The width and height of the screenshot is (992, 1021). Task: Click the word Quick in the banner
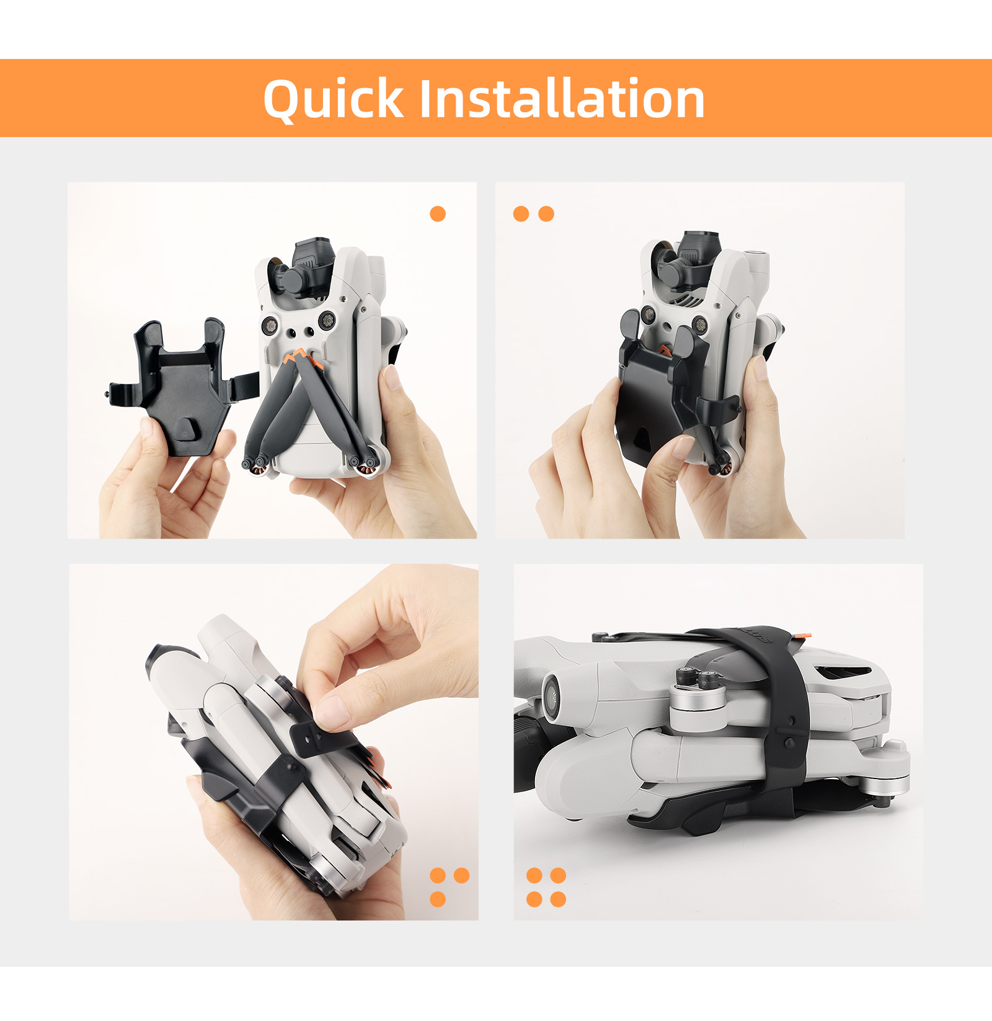[334, 99]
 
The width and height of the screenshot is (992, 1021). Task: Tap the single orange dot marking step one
[438, 214]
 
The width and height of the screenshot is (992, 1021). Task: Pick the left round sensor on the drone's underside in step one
[271, 324]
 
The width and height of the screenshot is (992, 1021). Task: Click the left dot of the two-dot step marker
[521, 214]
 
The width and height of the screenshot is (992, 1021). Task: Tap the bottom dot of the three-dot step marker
[438, 899]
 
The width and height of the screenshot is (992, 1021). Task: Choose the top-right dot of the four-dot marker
[558, 875]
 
